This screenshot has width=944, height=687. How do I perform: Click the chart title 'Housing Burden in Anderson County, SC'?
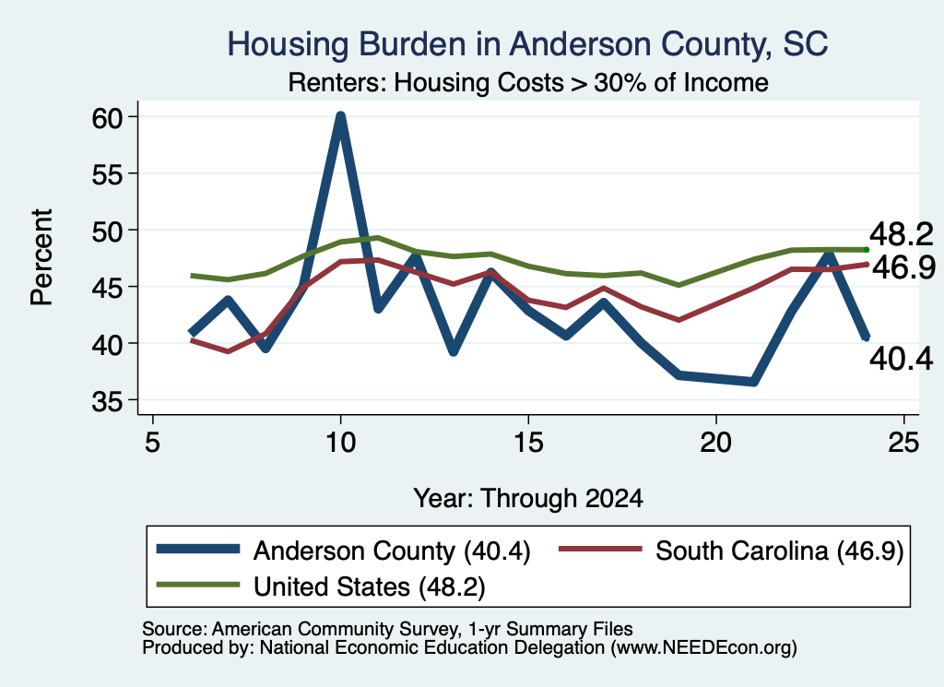pyautogui.click(x=527, y=44)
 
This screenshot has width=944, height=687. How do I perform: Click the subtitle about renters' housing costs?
pyautogui.click(x=528, y=82)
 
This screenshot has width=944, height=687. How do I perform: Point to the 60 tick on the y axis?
pyautogui.click(x=107, y=117)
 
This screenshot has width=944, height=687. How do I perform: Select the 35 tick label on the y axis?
pyautogui.click(x=107, y=401)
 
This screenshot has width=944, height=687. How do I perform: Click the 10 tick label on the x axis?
pyautogui.click(x=341, y=443)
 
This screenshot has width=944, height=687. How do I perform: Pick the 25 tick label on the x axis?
pyautogui.click(x=903, y=443)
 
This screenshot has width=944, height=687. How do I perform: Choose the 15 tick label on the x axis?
pyautogui.click(x=528, y=443)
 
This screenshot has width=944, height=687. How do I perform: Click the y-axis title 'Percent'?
pyautogui.click(x=41, y=257)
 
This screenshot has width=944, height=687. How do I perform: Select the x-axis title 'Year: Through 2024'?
pyautogui.click(x=528, y=499)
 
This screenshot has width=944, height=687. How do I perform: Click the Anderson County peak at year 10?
pyautogui.click(x=341, y=116)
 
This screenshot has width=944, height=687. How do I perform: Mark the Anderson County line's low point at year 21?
pyautogui.click(x=753, y=382)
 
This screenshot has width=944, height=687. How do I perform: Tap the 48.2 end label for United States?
pyautogui.click(x=902, y=233)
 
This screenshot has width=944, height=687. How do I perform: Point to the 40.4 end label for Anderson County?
pyautogui.click(x=902, y=359)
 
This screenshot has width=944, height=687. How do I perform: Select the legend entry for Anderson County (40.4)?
pyautogui.click(x=343, y=551)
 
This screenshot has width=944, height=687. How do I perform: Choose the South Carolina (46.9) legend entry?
pyautogui.click(x=731, y=551)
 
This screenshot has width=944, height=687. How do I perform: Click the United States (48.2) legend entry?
pyautogui.click(x=320, y=586)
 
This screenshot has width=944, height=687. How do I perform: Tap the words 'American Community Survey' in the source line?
pyautogui.click(x=334, y=629)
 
